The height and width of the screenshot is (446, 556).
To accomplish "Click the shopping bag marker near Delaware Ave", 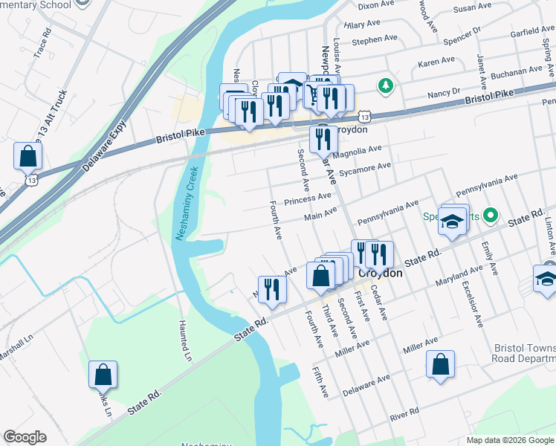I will (440, 364).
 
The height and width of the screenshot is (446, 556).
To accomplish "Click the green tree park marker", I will (385, 85).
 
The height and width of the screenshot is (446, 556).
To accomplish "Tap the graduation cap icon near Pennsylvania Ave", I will (452, 222).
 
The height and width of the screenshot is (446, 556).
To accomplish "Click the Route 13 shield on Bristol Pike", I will (363, 117).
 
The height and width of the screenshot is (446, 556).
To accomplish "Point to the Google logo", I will (25, 437).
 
